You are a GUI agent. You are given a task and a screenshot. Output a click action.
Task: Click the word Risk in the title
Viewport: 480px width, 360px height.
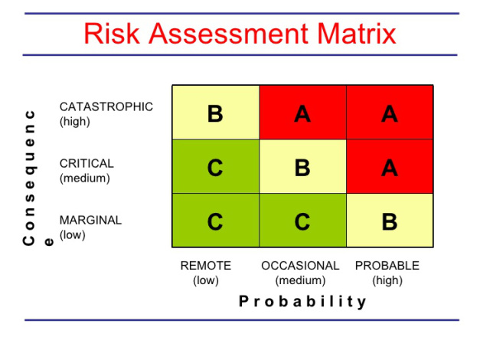tap(112, 34)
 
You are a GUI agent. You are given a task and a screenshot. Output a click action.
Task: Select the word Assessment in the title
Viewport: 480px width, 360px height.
tap(229, 34)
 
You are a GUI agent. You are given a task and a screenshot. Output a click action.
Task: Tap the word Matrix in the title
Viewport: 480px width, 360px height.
tap(357, 34)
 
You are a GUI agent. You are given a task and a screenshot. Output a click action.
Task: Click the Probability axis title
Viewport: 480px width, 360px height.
tap(302, 302)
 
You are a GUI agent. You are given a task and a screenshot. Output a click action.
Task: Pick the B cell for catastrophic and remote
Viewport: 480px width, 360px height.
tap(216, 113)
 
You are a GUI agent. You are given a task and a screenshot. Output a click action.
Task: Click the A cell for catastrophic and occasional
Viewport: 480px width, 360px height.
tap(302, 113)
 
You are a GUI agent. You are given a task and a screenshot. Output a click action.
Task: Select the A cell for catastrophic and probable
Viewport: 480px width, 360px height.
tap(390, 113)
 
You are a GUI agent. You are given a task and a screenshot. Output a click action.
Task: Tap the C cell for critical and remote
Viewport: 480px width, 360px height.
tap(216, 166)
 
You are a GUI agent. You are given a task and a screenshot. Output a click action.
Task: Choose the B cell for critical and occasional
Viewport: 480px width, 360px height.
tap(302, 166)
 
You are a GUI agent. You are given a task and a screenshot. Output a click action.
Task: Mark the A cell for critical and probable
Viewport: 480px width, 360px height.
tap(390, 166)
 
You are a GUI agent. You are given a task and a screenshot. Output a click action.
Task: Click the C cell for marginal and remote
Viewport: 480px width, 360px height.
tap(216, 220)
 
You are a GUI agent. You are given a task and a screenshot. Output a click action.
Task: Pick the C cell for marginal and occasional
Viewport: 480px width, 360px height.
tap(302, 220)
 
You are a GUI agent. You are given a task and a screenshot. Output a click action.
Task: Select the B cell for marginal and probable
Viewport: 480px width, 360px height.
tap(390, 220)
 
